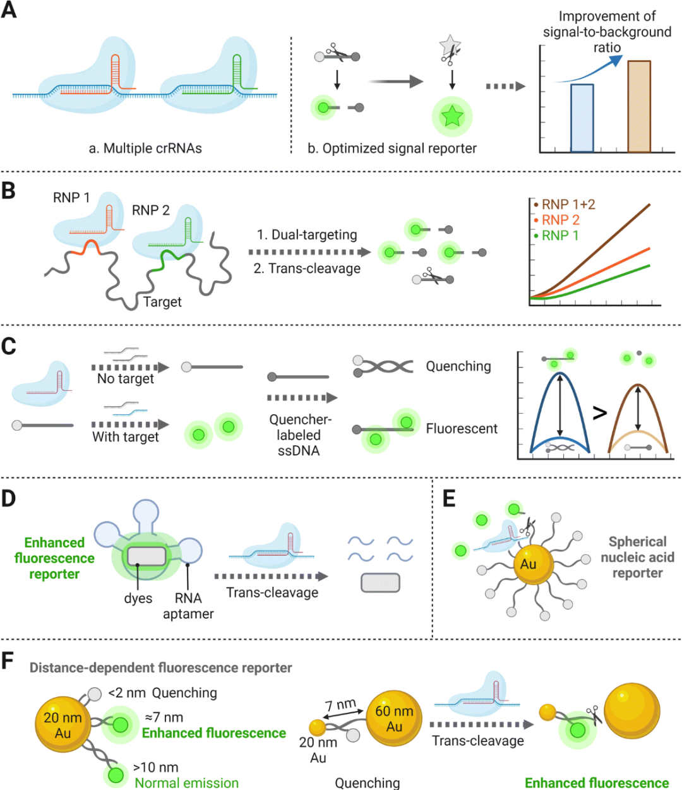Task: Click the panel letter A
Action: (x=9, y=11)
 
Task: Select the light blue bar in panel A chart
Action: (x=582, y=118)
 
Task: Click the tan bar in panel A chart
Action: (x=638, y=106)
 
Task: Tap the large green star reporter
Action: (x=452, y=116)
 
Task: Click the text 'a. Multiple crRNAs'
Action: (x=145, y=148)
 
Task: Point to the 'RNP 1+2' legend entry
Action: (x=568, y=205)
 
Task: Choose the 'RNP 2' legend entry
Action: (x=560, y=220)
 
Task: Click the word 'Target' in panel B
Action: (x=162, y=302)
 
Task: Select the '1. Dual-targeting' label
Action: (x=307, y=235)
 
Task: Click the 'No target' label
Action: (x=126, y=379)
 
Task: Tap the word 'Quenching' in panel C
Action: (x=458, y=366)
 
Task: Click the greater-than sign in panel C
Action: (x=599, y=413)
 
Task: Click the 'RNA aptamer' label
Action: (x=188, y=606)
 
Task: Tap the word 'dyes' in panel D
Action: (x=138, y=598)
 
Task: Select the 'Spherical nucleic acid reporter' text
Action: (x=637, y=557)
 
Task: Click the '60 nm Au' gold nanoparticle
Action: (x=394, y=719)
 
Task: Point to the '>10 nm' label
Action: (x=155, y=767)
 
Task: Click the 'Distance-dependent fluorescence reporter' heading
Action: (x=160, y=667)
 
